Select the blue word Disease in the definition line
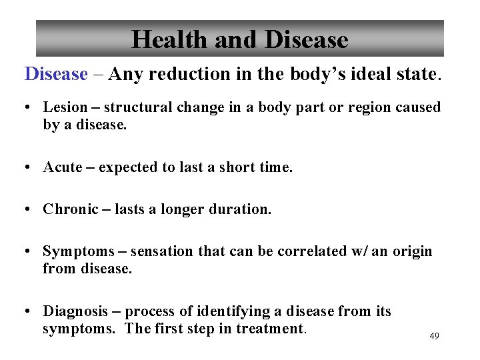click(x=56, y=74)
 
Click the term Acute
click(x=63, y=167)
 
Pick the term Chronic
click(x=69, y=209)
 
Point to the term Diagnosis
click(x=75, y=311)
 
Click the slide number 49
click(x=434, y=337)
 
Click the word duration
click(x=240, y=209)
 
